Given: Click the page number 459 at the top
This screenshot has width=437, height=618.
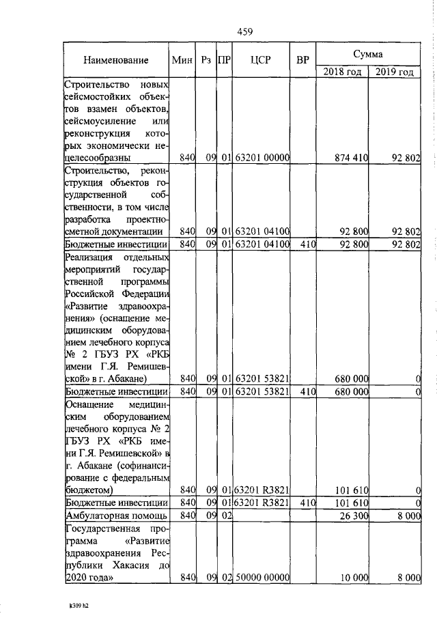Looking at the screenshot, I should (245, 31).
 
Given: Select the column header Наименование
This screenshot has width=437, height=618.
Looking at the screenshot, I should (115, 60).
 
